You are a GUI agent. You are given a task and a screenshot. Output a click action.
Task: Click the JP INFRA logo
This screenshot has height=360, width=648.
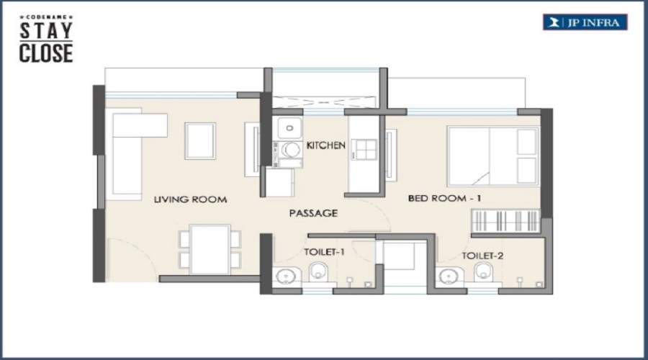pyautogui.click(x=585, y=22)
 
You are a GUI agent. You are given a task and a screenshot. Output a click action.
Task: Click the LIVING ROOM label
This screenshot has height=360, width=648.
pyautogui.click(x=190, y=199)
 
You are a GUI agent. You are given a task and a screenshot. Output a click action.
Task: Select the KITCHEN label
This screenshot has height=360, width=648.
pyautogui.click(x=325, y=145)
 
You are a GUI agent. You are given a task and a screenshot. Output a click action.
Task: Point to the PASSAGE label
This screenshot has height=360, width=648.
pyautogui.click(x=313, y=213)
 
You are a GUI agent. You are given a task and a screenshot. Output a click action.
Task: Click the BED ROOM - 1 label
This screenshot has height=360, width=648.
pyautogui.click(x=444, y=199)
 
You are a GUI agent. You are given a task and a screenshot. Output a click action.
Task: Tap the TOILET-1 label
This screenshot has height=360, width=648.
pyautogui.click(x=324, y=252)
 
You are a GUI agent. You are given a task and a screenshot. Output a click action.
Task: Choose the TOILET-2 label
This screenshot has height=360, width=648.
pyautogui.click(x=482, y=256)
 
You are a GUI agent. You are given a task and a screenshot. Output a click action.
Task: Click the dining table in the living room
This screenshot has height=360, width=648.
pyautogui.click(x=210, y=249)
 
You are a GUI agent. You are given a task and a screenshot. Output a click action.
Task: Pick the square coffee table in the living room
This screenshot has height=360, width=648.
pyautogui.click(x=200, y=141)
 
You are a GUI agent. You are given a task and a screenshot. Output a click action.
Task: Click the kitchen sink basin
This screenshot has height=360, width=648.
pyautogui.click(x=289, y=128)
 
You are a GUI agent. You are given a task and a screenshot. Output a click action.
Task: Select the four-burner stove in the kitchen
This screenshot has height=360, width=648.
pyautogui.click(x=364, y=150)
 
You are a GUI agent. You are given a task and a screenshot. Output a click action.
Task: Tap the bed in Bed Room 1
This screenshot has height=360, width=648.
pyautogui.click(x=493, y=156)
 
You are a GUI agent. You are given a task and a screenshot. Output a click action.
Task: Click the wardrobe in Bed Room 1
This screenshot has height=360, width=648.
pyautogui.click(x=505, y=221)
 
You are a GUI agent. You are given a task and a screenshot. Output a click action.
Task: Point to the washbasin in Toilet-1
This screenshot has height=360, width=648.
pyautogui.click(x=286, y=276)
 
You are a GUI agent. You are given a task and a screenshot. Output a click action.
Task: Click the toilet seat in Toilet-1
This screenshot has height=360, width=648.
pyautogui.click(x=319, y=271)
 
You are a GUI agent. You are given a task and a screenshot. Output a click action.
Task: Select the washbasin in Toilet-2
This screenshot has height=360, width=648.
pyautogui.click(x=449, y=276)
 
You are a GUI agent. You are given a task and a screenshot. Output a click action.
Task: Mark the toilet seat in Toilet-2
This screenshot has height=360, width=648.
pyautogui.click(x=483, y=271)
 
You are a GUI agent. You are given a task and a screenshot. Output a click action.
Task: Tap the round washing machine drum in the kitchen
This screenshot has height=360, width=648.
pyautogui.click(x=292, y=150)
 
